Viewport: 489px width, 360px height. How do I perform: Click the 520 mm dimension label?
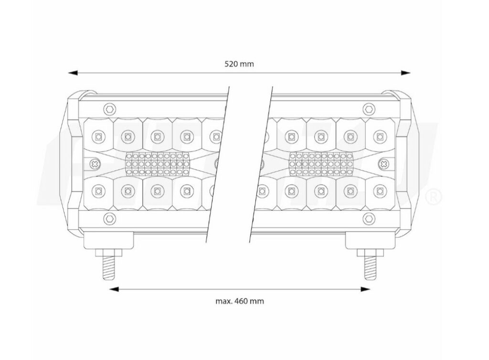(239, 64)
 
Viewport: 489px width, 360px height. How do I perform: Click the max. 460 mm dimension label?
(240, 301)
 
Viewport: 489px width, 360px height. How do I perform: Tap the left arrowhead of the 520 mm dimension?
(73, 73)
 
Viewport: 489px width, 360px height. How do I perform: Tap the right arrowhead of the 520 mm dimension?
(406, 73)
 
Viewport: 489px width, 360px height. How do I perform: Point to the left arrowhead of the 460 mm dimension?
(114, 289)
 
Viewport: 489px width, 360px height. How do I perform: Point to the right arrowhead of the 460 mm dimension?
(365, 289)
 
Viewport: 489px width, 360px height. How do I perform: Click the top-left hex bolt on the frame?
(109, 109)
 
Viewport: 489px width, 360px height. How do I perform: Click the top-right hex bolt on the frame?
(369, 109)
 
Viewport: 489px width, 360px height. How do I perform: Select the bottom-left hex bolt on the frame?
(109, 218)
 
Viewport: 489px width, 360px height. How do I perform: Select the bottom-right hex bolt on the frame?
(369, 218)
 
